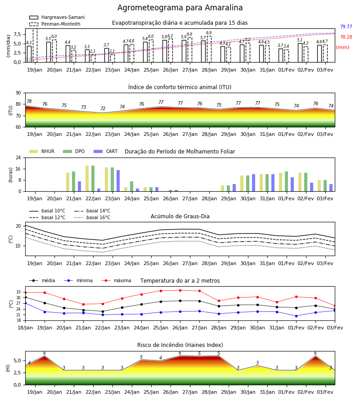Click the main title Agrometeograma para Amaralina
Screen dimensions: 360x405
tap(180, 8)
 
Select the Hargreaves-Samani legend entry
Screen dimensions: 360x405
tap(57, 17)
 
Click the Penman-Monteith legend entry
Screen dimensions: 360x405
tap(55, 24)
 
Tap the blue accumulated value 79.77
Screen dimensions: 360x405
tap(346, 27)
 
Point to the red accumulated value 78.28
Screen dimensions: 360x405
tap(346, 37)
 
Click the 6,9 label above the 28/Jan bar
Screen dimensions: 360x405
tap(209, 33)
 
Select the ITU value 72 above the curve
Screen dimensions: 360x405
tap(103, 108)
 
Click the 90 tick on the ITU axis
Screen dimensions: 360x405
tap(18, 93)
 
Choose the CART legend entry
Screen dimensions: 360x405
tap(106, 151)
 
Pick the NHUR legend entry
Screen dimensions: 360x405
tap(42, 151)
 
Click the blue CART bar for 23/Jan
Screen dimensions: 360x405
tap(118, 181)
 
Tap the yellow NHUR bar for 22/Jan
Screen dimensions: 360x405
tap(87, 179)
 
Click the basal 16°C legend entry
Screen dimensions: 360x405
tap(92, 217)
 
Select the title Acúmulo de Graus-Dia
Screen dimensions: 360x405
tap(180, 216)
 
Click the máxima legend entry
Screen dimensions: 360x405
tap(116, 280)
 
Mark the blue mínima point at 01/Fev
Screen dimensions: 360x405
tap(296, 316)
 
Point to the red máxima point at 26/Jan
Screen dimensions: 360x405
tap(180, 290)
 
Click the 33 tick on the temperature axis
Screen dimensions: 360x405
tap(18, 292)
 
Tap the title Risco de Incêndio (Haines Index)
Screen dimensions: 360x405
tap(180, 345)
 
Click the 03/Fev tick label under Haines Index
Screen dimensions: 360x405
tap(325, 392)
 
